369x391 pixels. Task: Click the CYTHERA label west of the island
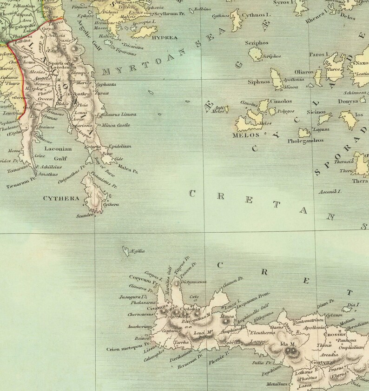pyautogui.click(x=61, y=198)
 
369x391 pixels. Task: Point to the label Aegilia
pyautogui.click(x=138, y=251)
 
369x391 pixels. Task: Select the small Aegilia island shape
pyautogui.click(x=125, y=252)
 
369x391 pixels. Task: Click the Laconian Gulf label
pyautogui.click(x=58, y=154)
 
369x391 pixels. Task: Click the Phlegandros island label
pyautogui.click(x=305, y=140)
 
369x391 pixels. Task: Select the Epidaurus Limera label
pyautogui.click(x=116, y=115)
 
